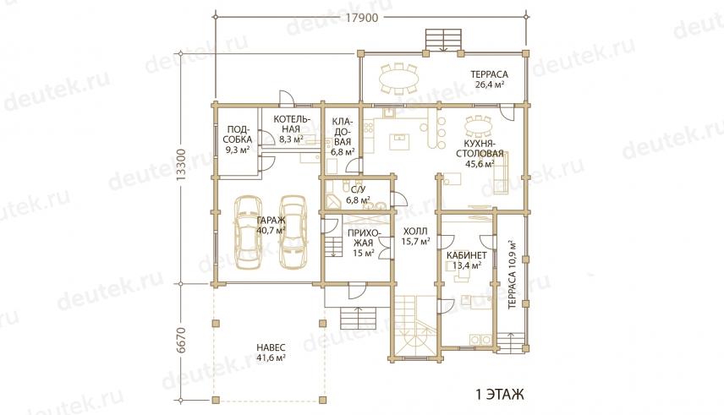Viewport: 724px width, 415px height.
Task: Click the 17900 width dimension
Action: (363, 18)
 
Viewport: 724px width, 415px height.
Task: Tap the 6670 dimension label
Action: (182, 341)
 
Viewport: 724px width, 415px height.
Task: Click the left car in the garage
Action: (248, 232)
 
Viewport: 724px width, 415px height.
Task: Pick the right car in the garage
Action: (293, 232)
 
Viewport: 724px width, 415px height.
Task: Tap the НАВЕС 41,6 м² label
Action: (271, 352)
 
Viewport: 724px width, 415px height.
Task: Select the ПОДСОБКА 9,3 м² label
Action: (238, 139)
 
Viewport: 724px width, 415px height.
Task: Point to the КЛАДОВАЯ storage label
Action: (343, 136)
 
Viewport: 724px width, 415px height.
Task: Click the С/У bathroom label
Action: (359, 194)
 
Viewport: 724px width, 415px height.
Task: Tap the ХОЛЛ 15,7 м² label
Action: (415, 236)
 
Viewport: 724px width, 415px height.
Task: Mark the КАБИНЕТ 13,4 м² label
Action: (466, 259)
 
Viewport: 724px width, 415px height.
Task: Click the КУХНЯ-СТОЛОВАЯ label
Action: (480, 153)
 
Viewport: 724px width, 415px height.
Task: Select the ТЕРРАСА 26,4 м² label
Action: (490, 79)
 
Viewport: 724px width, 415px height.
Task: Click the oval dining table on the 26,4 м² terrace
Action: (399, 79)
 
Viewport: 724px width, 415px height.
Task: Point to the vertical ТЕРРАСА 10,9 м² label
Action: (512, 276)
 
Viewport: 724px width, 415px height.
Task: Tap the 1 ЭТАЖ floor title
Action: (500, 396)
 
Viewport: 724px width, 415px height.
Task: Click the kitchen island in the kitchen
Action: (399, 142)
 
